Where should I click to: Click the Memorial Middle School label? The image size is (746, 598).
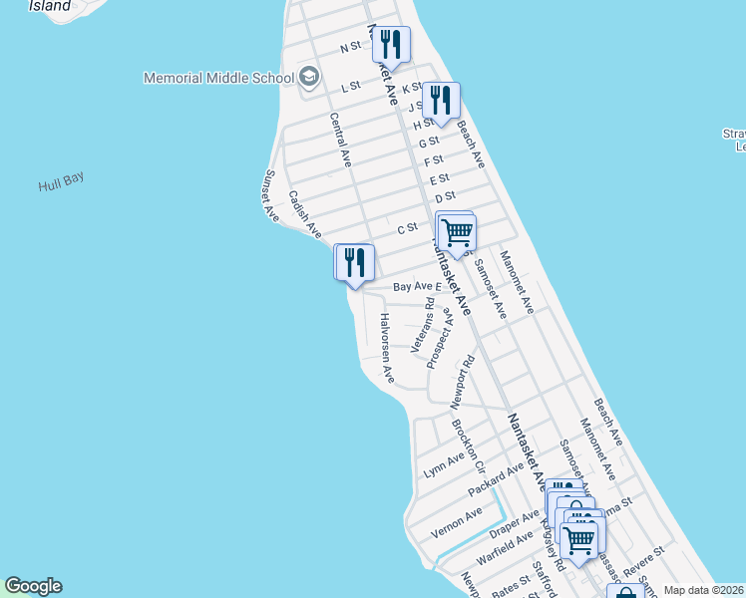click(218, 78)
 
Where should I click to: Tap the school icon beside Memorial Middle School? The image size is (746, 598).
click(309, 77)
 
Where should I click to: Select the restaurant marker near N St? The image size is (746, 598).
click(390, 45)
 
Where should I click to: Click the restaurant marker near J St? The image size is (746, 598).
click(440, 101)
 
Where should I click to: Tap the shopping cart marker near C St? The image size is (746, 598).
click(457, 232)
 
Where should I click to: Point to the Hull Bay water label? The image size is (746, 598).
click(61, 182)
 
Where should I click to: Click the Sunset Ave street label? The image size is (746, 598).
click(269, 194)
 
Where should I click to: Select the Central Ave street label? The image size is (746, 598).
click(341, 139)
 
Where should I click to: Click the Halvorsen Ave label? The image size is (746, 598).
click(387, 348)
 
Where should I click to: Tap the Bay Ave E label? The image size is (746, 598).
click(416, 287)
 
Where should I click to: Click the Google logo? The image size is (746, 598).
click(33, 586)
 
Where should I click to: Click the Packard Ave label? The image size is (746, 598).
click(496, 479)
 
